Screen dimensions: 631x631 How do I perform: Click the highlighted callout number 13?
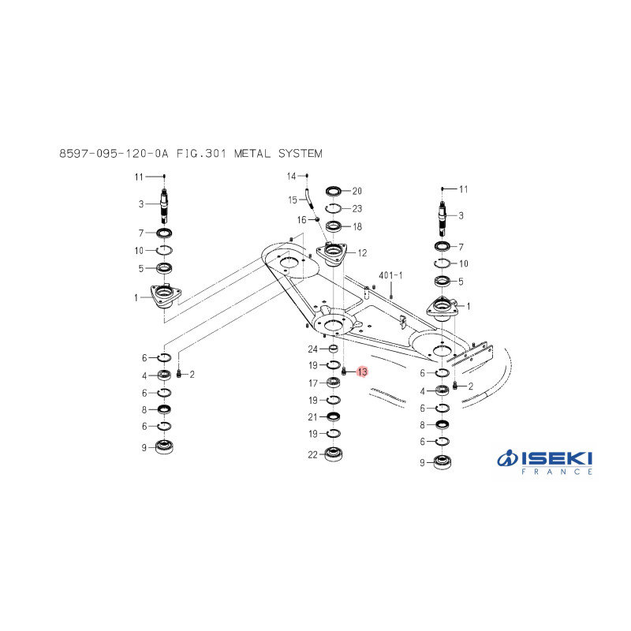pos(362,372)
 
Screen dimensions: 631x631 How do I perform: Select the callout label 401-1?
pos(390,275)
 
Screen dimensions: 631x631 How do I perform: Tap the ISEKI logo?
pos(545,462)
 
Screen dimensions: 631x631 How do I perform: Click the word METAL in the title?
pos(252,153)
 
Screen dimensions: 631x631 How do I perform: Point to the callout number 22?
pos(312,455)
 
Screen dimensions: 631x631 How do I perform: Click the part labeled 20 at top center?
pos(334,191)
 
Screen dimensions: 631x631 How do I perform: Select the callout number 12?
pos(362,252)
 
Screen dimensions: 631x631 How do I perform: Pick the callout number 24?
pos(312,349)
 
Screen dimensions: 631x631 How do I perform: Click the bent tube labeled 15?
pos(308,199)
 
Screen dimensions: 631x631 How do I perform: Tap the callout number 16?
pos(302,220)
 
